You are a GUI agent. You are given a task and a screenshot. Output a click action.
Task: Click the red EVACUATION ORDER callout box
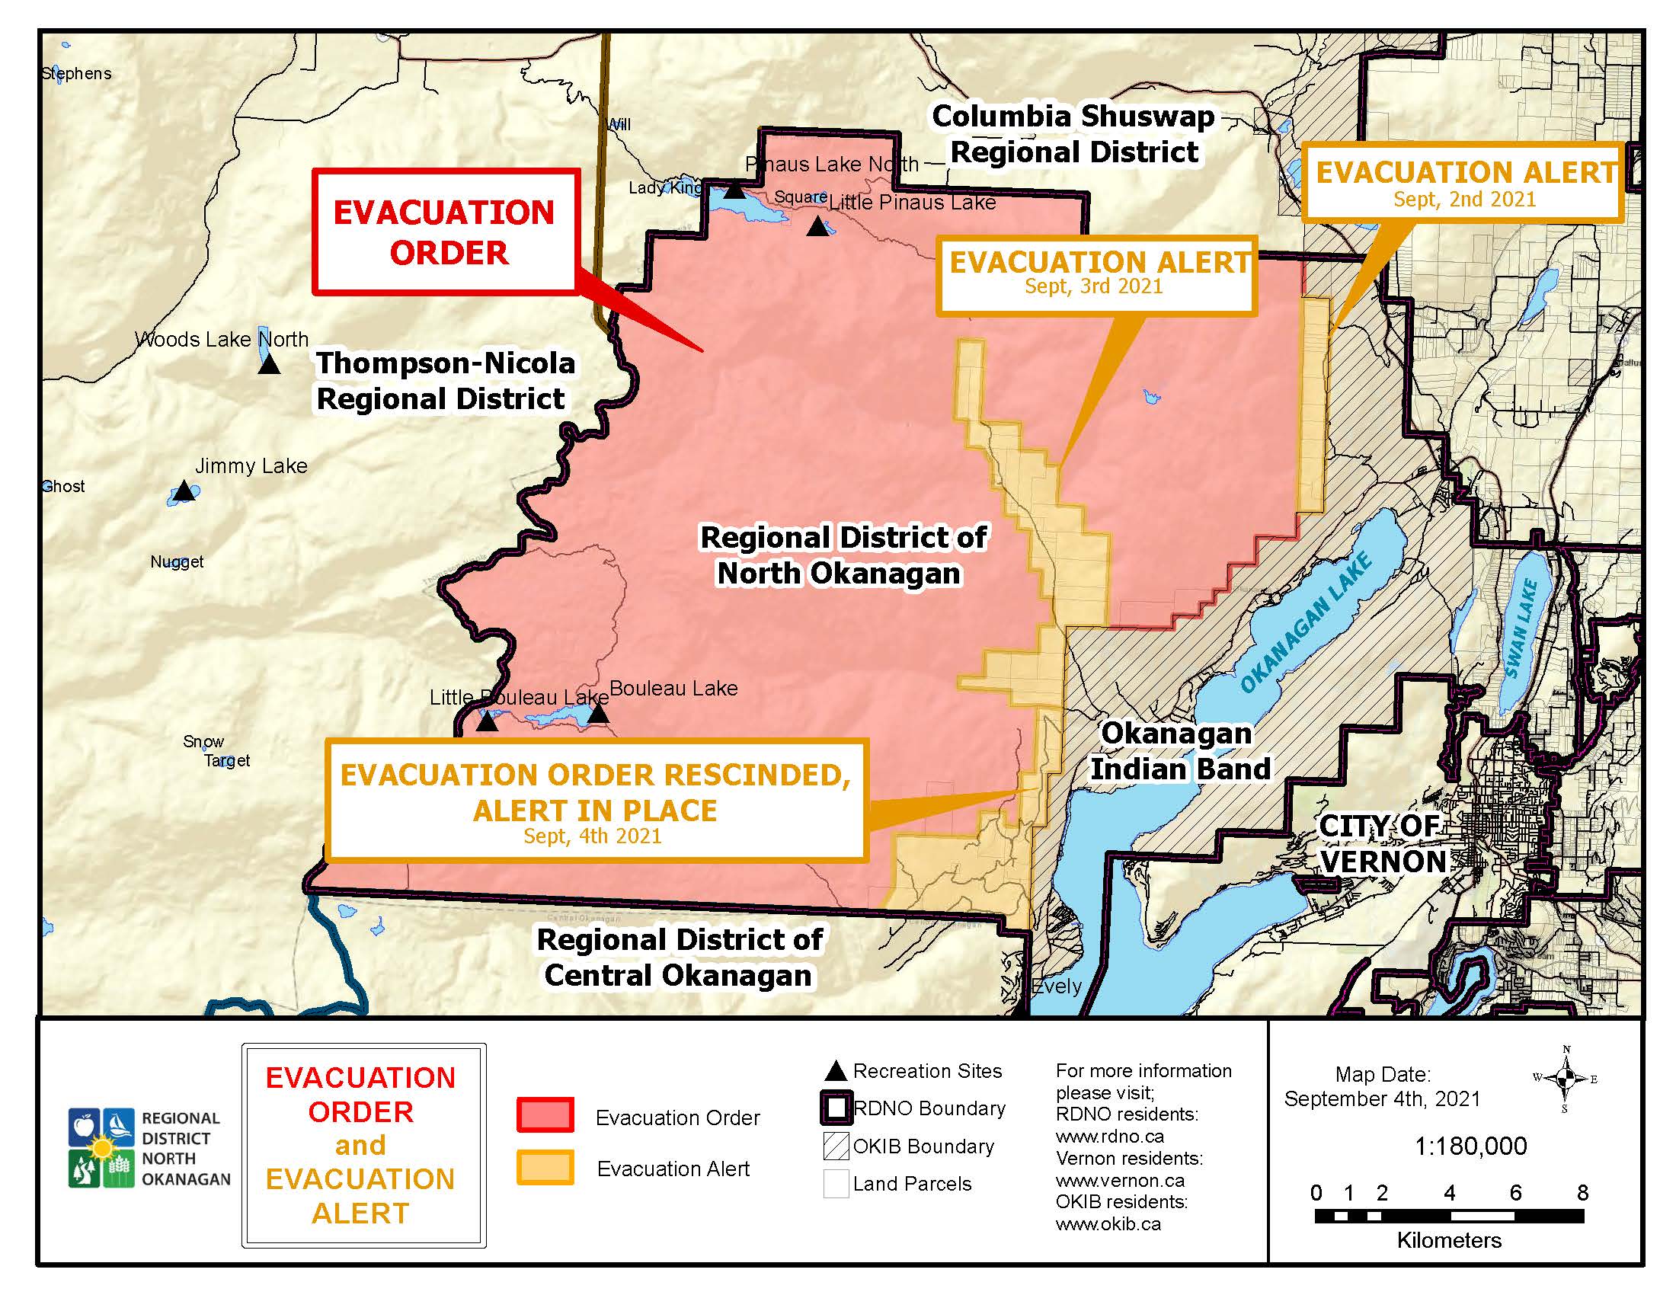444,232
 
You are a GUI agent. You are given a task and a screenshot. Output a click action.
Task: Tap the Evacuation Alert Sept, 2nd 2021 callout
1464,183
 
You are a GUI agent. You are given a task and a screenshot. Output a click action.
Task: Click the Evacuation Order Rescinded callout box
596,801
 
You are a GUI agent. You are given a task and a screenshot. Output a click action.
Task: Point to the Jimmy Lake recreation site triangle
184,491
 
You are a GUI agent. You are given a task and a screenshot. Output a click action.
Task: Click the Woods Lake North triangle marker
269,364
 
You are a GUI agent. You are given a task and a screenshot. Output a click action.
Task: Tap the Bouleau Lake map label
673,688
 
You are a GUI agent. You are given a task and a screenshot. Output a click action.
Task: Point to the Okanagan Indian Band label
1179,751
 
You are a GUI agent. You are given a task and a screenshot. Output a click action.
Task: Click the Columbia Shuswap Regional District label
1073,134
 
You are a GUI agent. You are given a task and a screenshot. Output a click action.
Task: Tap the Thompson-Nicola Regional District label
444,381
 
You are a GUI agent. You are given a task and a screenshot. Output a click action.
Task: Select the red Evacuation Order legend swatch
545,1114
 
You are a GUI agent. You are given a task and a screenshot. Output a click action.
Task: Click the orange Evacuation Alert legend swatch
545,1167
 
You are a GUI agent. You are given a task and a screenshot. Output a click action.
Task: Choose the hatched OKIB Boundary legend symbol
836,1146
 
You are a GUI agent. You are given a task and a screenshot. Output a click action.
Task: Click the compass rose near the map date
1566,1078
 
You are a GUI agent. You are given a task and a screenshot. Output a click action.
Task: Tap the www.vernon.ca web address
1109,1180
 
